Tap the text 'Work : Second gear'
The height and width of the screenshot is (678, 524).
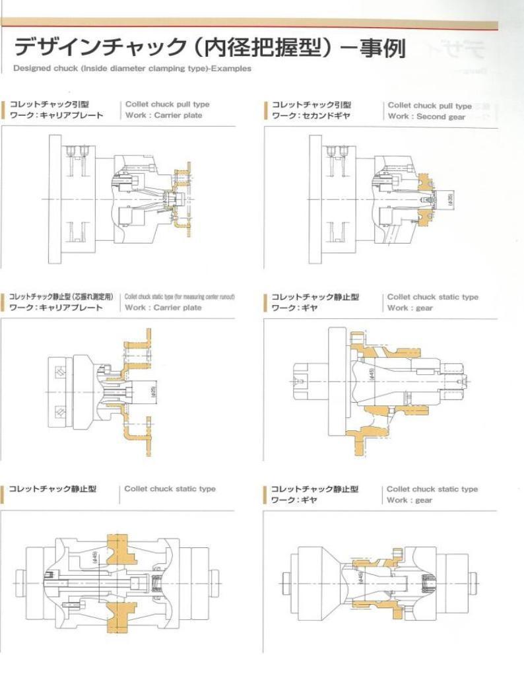426,116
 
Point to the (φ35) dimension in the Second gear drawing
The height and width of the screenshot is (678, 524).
449,198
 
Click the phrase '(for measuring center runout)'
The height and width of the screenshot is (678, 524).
204,297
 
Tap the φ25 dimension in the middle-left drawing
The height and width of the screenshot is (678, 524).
153,391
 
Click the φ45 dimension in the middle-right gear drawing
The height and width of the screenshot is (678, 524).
373,374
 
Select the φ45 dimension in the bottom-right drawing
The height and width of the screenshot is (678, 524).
360,577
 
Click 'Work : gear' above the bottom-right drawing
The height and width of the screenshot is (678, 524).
409,500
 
